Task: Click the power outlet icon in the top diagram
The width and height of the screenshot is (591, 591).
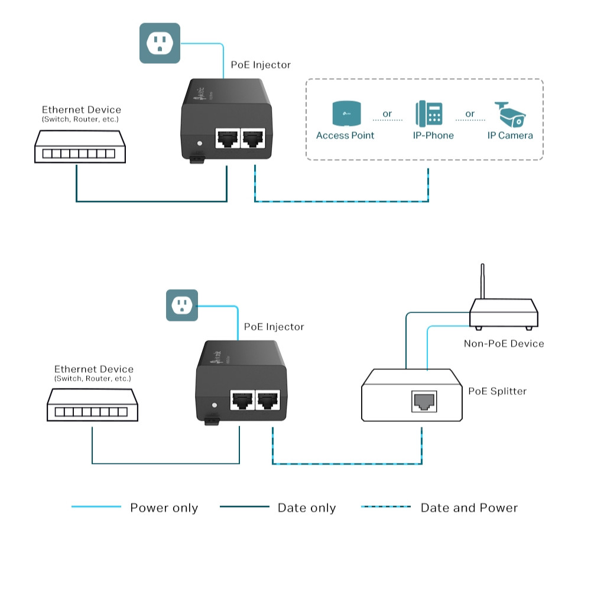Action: coord(160,43)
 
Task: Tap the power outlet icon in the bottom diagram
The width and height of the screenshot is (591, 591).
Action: coord(181,306)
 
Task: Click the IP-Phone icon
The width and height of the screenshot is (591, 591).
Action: coord(428,113)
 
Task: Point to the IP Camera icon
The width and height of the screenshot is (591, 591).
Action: coord(510,114)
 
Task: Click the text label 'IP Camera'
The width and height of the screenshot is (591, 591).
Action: coord(510,135)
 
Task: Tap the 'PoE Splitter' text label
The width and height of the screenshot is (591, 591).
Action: coord(497,391)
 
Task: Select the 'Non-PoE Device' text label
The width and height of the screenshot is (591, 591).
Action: coord(504,343)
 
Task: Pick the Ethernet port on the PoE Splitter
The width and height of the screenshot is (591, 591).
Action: coord(423,401)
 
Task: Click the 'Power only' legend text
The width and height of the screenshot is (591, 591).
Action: coord(164,508)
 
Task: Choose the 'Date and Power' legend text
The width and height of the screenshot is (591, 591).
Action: coord(469,508)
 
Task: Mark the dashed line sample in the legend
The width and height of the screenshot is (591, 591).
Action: coord(385,506)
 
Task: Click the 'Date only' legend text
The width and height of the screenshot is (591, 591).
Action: coord(306,508)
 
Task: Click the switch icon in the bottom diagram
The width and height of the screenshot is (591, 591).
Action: coord(92,405)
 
